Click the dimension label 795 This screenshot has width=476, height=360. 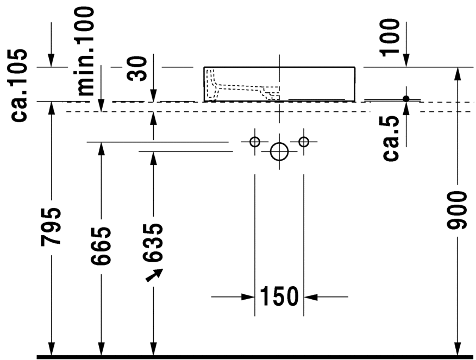tap(51, 226)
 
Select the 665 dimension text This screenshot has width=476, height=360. tap(101, 245)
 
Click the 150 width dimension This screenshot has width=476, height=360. tap(279, 296)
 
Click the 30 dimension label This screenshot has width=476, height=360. tap(140, 67)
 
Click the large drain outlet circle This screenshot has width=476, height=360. tap(279, 152)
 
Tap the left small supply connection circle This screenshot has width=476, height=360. tap(255, 142)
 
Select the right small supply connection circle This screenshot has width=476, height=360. tap(304, 142)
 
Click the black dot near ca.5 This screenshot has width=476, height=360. tap(406, 98)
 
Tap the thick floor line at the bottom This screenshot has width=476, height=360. tap(255, 357)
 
